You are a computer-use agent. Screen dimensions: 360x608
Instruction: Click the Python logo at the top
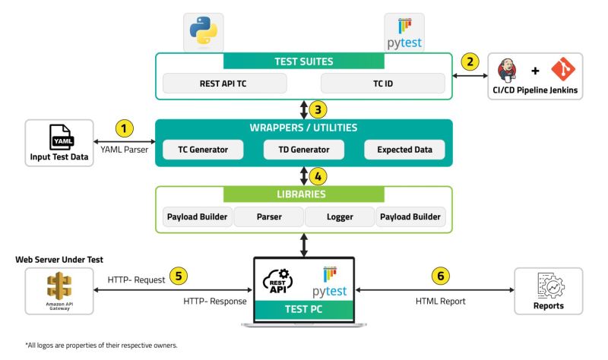click(201, 30)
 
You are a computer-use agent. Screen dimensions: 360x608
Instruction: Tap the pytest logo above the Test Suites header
click(403, 31)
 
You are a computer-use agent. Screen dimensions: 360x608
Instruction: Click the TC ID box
click(382, 84)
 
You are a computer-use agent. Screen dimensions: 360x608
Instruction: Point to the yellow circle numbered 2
click(472, 62)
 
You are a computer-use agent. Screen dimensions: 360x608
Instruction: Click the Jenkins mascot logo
click(508, 71)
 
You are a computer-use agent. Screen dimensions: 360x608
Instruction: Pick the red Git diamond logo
click(562, 71)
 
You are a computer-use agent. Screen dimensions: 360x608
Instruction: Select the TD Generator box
click(302, 150)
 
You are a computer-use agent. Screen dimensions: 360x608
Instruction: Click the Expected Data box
click(404, 150)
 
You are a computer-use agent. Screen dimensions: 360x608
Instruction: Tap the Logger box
click(339, 217)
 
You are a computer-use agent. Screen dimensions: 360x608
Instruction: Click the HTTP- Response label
click(215, 302)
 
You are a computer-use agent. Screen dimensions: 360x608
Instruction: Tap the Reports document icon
click(548, 286)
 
